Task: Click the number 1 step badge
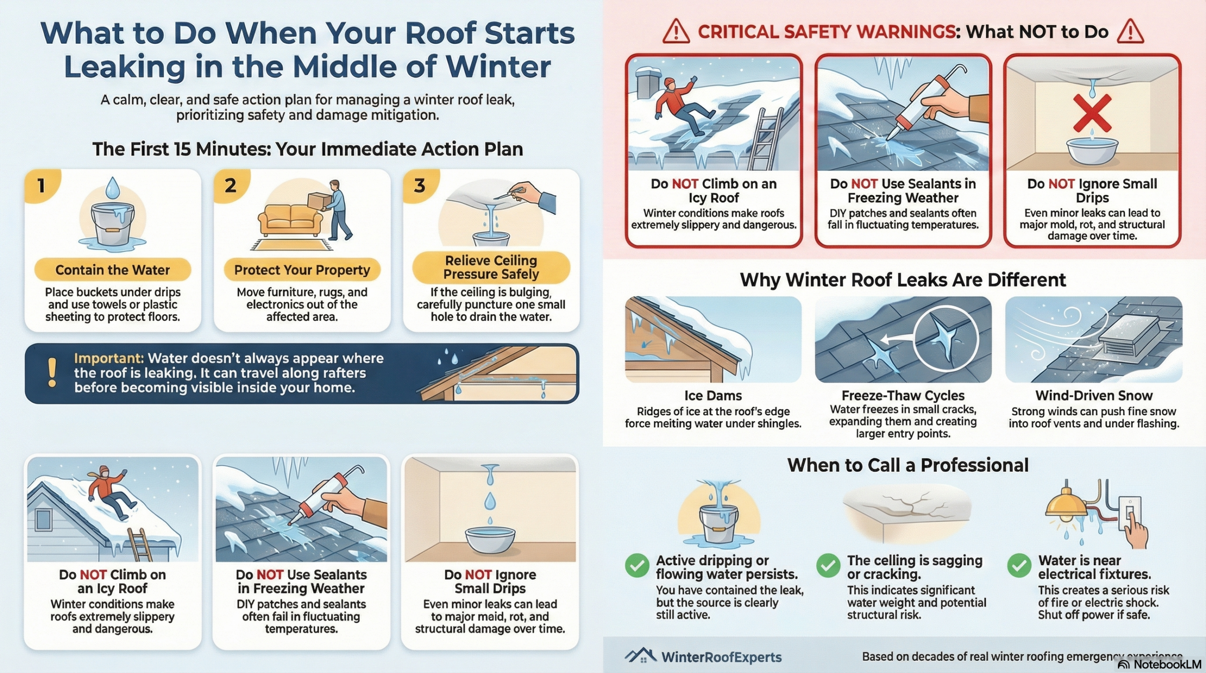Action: click(x=41, y=185)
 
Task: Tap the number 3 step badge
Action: click(x=420, y=185)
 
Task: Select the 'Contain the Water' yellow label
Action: click(x=113, y=270)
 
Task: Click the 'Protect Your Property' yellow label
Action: click(x=302, y=270)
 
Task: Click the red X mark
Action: click(x=1092, y=113)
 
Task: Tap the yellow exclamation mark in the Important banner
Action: click(x=52, y=373)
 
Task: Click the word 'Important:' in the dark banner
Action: click(x=109, y=358)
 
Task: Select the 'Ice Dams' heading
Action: click(x=713, y=396)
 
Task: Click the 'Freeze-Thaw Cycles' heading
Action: click(x=903, y=396)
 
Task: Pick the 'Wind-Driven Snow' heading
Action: click(x=1094, y=396)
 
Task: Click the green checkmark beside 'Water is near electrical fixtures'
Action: click(x=1019, y=565)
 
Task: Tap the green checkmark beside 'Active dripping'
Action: click(x=637, y=565)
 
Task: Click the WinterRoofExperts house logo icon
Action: click(x=641, y=656)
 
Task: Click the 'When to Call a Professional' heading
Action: click(x=908, y=465)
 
